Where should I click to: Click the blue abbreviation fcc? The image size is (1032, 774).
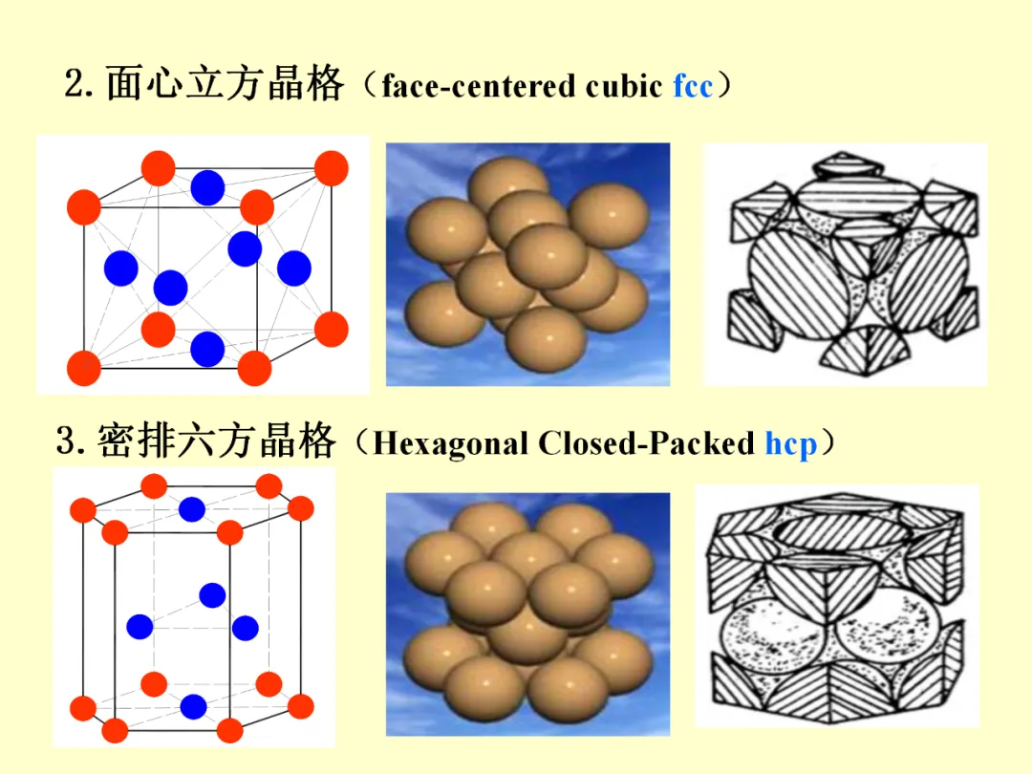pos(693,87)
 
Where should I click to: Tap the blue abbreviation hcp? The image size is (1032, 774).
pos(790,444)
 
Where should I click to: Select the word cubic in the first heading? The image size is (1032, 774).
pos(624,87)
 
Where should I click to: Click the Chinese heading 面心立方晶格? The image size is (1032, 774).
pos(225,85)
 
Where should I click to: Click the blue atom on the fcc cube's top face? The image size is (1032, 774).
pos(207,187)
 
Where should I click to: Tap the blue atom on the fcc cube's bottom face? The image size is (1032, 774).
pos(207,349)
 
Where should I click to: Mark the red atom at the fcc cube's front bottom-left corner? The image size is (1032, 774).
pos(84,368)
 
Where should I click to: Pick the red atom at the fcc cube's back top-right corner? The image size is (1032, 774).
pos(331,168)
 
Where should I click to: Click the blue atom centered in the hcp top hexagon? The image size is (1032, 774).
pos(192,509)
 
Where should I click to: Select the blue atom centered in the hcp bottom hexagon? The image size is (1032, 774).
pos(193,707)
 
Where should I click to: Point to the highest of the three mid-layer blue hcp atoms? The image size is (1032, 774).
pos(212,595)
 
